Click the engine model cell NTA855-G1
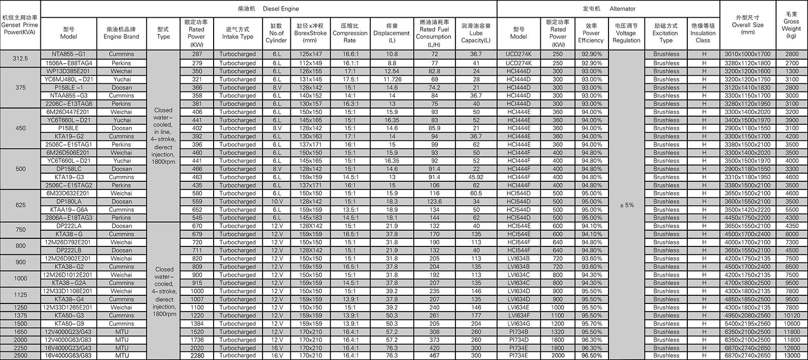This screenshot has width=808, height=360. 69,54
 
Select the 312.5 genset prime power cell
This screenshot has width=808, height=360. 20,59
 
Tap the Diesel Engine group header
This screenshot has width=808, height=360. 268,9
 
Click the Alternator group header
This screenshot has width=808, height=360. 608,9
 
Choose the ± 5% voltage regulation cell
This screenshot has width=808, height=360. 626,205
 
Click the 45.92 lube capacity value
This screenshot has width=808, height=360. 476,177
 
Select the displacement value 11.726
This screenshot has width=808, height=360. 392,79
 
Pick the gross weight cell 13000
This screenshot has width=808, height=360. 791,356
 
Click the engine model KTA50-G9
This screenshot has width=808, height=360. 69,324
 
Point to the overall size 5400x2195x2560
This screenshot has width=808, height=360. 747,324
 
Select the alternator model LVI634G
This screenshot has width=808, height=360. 519,324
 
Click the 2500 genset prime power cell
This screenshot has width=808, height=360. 20,356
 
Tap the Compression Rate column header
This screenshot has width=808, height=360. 350,33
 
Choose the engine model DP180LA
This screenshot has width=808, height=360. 69,201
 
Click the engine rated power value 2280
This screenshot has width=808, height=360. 196,356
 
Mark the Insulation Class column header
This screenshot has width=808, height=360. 702,33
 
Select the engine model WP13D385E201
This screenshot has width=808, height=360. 69,71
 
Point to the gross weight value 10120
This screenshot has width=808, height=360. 791,316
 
